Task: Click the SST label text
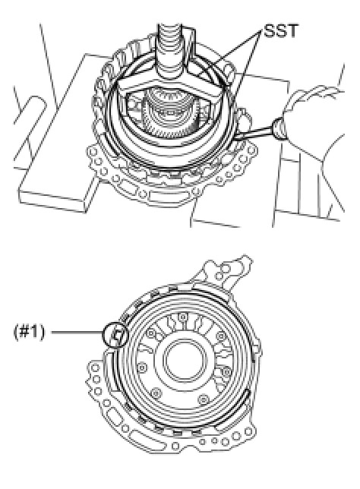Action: (281, 31)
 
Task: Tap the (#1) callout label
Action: (30, 332)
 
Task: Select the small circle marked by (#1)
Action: (115, 335)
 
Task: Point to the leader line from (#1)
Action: (77, 332)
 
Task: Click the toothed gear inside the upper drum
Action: (170, 115)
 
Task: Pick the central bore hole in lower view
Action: (184, 359)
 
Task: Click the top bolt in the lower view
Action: (183, 317)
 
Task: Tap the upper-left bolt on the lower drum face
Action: (152, 333)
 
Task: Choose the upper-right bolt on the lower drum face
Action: (221, 336)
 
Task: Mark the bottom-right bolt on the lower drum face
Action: (204, 399)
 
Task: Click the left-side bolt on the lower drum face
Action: (142, 367)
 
